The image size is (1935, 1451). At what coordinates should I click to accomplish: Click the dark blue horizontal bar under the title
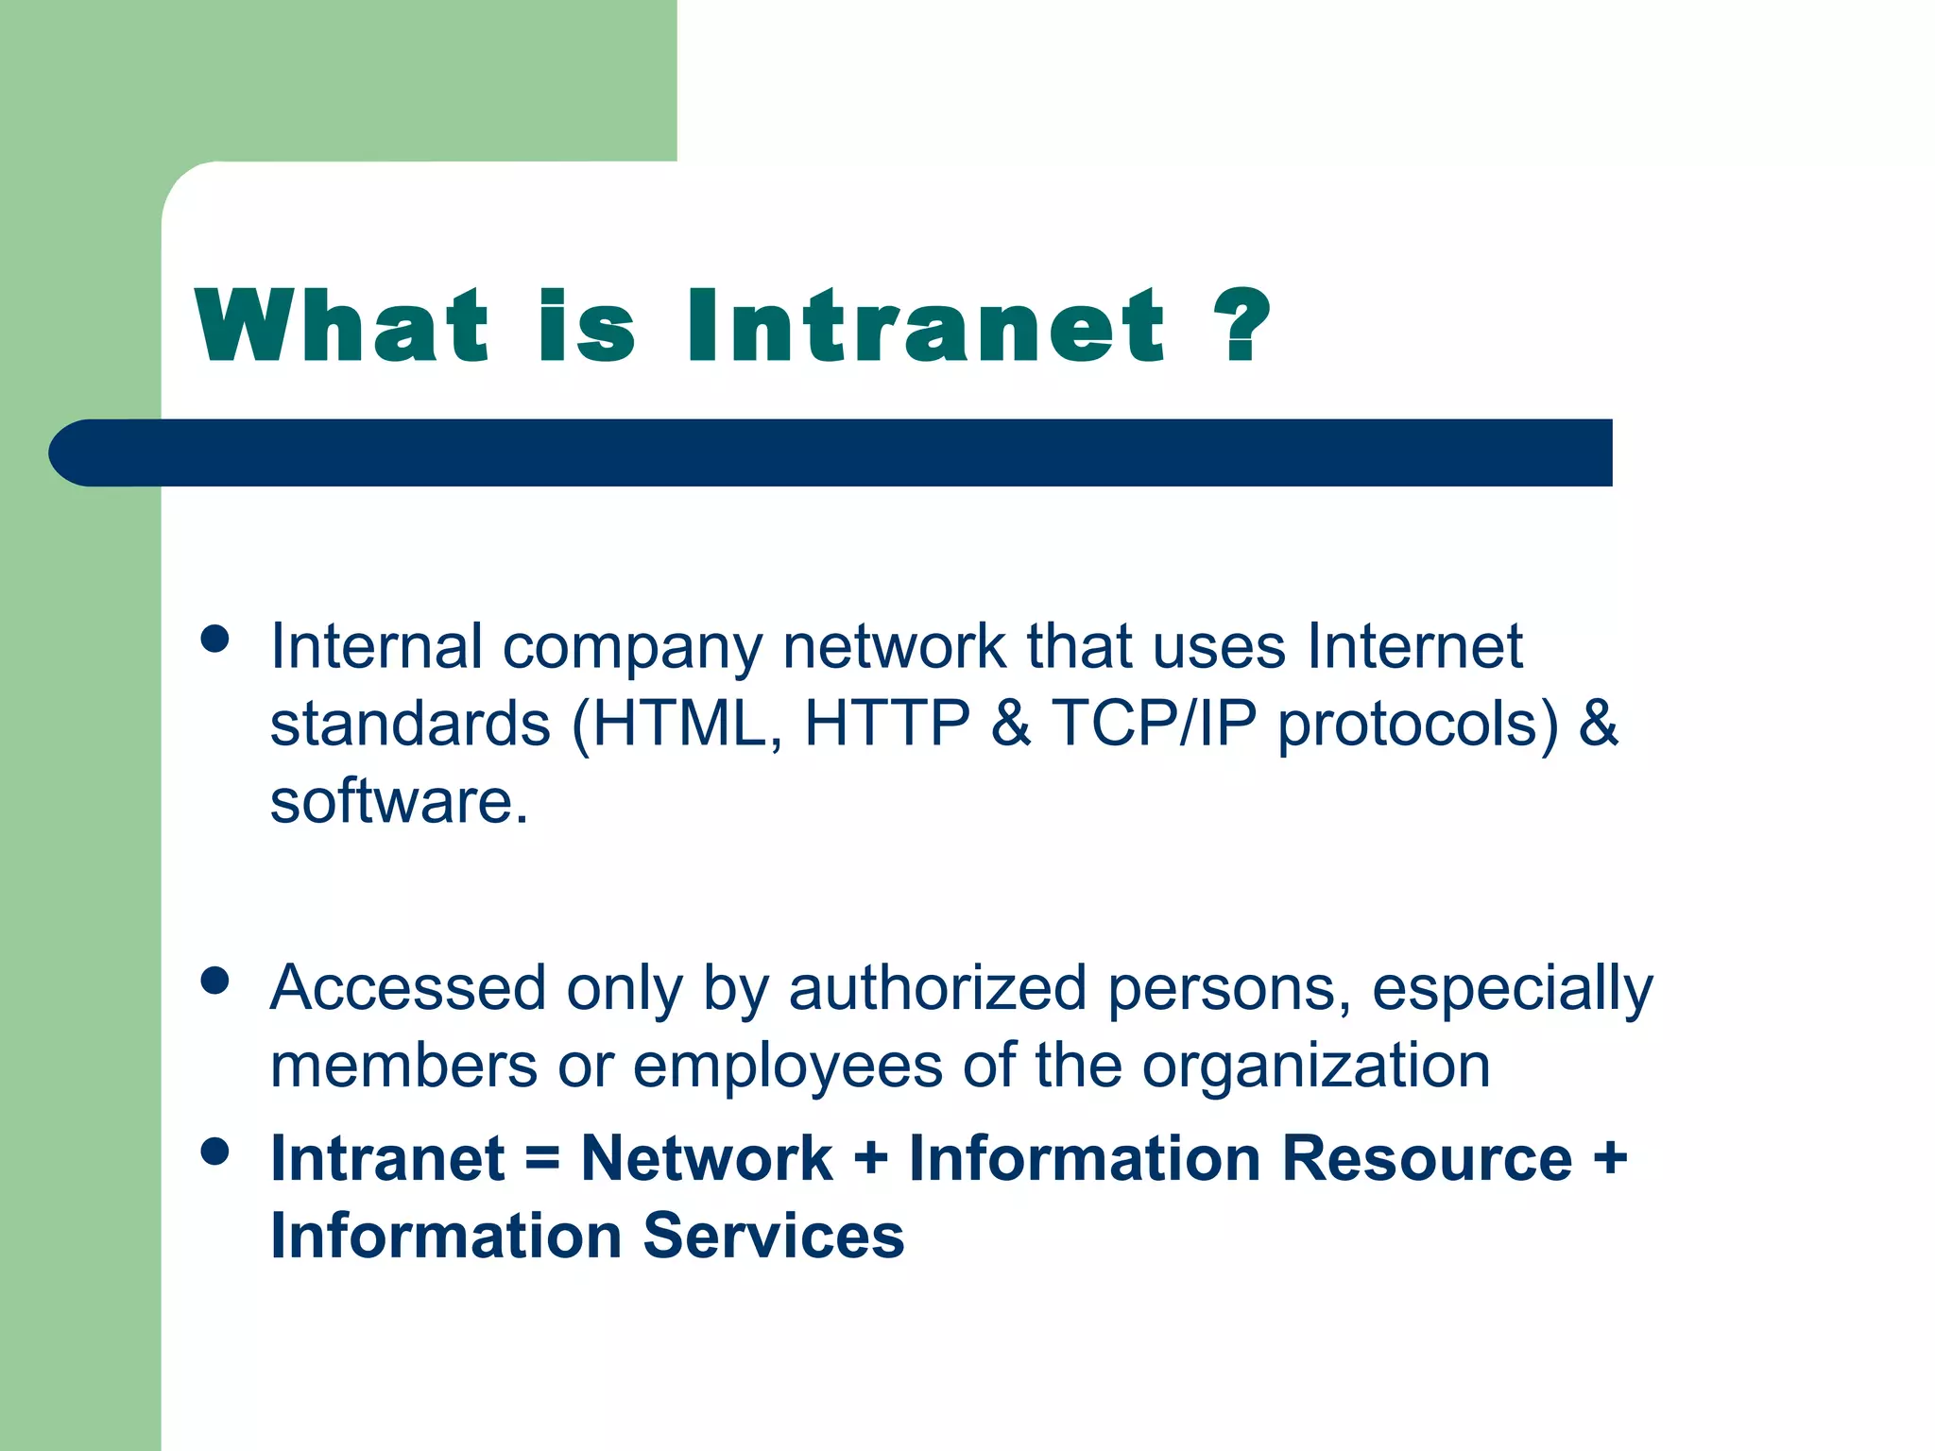point(831,452)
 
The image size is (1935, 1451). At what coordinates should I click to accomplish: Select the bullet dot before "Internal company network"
point(215,640)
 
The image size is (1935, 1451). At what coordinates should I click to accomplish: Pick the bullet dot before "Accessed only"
point(215,981)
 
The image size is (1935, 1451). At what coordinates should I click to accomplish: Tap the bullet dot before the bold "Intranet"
point(215,1152)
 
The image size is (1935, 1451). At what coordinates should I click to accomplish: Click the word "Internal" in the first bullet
point(376,647)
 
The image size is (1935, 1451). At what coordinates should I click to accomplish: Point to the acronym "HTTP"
point(887,724)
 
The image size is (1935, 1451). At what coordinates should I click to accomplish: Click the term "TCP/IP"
point(1155,724)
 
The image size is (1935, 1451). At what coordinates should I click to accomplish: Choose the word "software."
point(399,801)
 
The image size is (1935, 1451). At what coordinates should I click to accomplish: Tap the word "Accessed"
point(408,989)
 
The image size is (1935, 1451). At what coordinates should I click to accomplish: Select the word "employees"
point(787,1066)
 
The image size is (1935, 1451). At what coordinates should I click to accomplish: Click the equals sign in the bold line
point(542,1158)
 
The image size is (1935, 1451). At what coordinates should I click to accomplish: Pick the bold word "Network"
point(707,1158)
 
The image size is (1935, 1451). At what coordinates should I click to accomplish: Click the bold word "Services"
point(774,1236)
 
